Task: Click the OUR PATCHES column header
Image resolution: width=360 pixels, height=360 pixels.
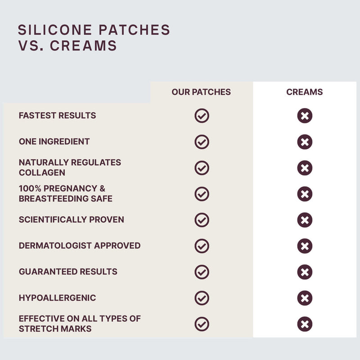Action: (201, 92)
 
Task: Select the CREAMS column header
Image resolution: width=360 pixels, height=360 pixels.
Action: (305, 92)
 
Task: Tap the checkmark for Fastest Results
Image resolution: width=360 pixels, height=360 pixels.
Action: (202, 116)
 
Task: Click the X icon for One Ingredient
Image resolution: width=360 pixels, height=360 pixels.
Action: (305, 142)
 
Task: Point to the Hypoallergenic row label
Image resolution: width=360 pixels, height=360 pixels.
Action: (58, 298)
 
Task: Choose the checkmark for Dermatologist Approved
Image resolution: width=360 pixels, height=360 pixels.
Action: (202, 246)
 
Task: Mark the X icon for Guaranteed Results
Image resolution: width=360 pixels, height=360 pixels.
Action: (305, 272)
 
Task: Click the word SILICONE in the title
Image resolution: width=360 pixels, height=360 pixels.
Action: (55, 30)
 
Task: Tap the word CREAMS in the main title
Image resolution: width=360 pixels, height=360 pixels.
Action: (83, 45)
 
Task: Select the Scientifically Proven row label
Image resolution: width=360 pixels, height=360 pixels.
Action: (72, 220)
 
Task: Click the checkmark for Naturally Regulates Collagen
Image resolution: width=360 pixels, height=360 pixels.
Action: (202, 168)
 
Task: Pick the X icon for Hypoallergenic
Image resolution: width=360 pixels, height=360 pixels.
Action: (305, 298)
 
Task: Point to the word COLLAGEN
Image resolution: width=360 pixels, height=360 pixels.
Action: (42, 173)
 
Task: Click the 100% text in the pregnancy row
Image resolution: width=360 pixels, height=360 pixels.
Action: (30, 189)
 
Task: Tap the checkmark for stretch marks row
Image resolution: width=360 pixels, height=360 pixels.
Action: (202, 324)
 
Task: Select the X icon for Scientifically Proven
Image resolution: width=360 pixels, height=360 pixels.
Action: (305, 220)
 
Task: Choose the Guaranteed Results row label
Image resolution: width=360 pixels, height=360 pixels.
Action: (68, 272)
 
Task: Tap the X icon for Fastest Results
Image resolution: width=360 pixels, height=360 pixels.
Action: (305, 116)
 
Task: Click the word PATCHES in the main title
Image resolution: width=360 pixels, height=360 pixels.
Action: (134, 30)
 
